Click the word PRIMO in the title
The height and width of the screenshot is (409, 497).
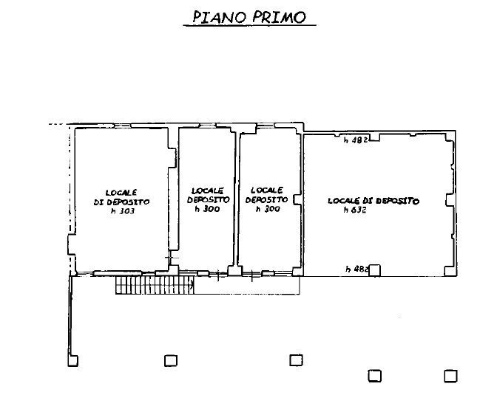pyautogui.click(x=279, y=17)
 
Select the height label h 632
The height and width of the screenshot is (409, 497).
pyautogui.click(x=356, y=210)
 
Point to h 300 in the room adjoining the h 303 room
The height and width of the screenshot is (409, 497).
pyautogui.click(x=206, y=209)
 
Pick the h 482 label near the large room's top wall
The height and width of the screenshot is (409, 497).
pyautogui.click(x=356, y=140)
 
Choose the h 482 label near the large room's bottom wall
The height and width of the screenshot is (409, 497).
pyautogui.click(x=356, y=269)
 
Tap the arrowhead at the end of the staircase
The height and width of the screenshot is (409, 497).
pyautogui.click(x=192, y=282)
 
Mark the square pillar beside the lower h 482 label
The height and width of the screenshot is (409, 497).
pyautogui.click(x=375, y=269)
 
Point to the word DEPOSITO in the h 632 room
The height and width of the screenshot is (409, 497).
pyautogui.click(x=397, y=201)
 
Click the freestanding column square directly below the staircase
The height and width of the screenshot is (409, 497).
pyautogui.click(x=170, y=360)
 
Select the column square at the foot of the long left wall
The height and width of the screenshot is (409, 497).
pyautogui.click(x=72, y=360)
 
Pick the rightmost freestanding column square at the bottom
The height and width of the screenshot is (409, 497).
pyautogui.click(x=450, y=376)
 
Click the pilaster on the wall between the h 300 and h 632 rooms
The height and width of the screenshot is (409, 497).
pyautogui.click(x=297, y=199)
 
